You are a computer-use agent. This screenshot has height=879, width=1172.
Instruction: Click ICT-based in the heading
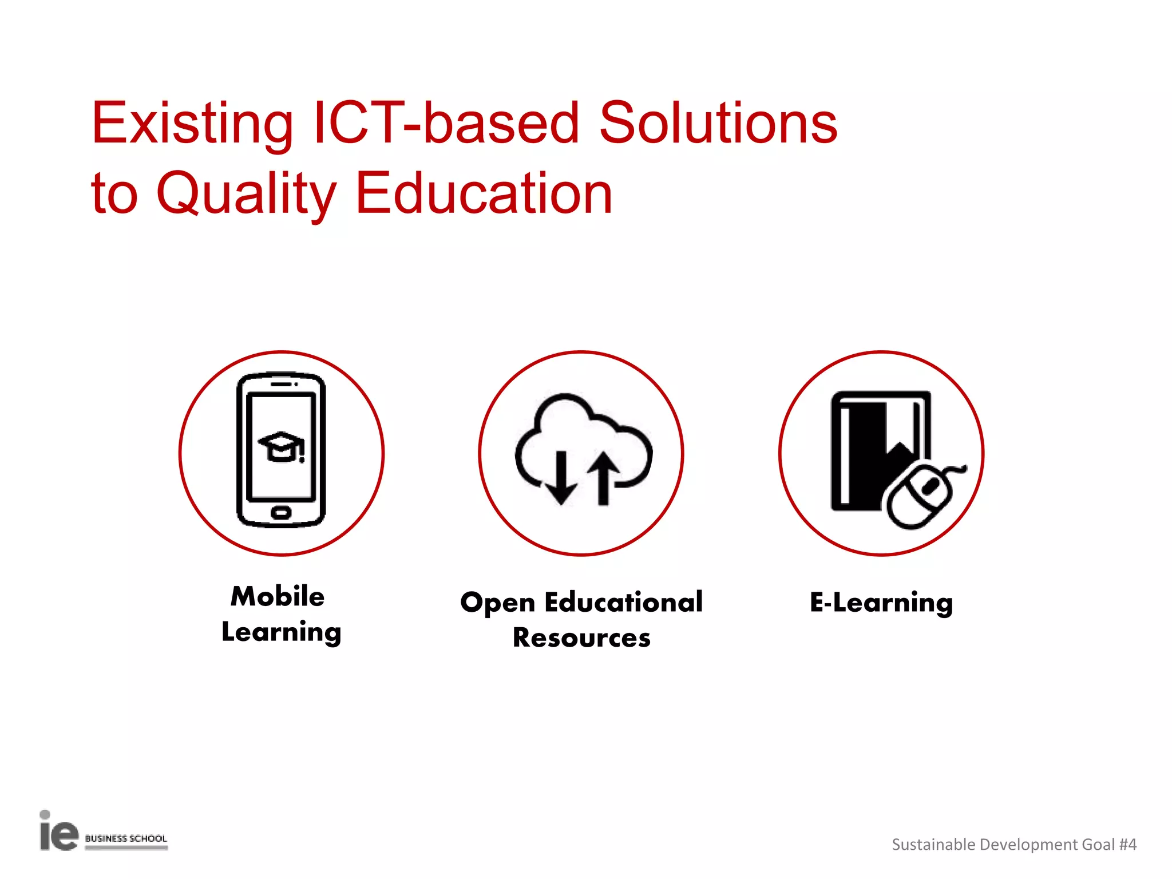[x=446, y=123]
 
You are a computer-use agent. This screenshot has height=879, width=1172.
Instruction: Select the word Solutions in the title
[x=718, y=123]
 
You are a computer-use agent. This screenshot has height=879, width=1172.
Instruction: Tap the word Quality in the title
[x=246, y=195]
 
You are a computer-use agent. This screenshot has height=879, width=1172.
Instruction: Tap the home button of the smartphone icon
[x=281, y=512]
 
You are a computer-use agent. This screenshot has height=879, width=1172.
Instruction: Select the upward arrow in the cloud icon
[x=603, y=478]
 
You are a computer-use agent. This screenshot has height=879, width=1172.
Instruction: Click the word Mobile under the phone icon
[x=278, y=596]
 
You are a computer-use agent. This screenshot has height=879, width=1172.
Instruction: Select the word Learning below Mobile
[x=282, y=633]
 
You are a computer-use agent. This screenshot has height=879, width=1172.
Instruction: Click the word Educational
[x=623, y=602]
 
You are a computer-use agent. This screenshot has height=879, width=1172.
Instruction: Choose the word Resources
[x=581, y=638]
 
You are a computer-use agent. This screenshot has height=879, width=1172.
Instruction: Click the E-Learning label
[x=881, y=603]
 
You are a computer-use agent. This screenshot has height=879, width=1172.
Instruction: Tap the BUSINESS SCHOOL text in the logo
[x=126, y=838]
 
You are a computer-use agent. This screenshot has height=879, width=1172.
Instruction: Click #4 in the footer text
[x=1127, y=845]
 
